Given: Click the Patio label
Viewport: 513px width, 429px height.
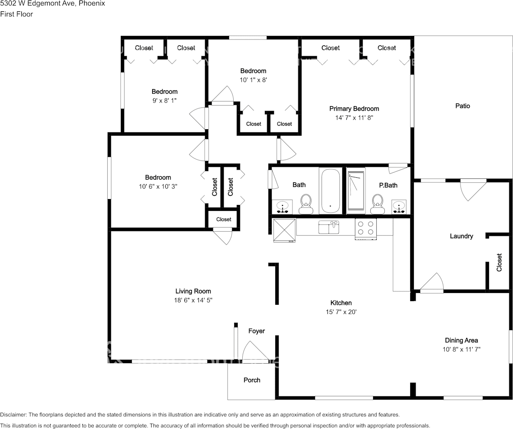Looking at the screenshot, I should point(462,106).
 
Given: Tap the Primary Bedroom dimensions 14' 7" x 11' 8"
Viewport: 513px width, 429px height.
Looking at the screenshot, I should point(354,117).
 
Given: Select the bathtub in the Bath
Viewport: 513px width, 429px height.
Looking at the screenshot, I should point(330,190).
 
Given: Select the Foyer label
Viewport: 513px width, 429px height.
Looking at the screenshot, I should point(256,331).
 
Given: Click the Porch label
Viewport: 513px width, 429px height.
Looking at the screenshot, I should point(252,380).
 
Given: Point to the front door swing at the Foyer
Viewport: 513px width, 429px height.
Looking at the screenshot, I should point(254,351).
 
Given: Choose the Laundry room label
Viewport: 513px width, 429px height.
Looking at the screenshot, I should point(461,236).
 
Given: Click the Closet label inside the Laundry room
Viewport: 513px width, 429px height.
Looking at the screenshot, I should point(499,262).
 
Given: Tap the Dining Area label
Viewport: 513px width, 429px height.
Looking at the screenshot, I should point(461,340).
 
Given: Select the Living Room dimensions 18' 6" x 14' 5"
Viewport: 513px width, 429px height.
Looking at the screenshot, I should point(193,300).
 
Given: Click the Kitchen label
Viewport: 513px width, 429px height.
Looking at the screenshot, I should point(341,303).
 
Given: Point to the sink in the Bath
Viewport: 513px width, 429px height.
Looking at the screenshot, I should point(283,207).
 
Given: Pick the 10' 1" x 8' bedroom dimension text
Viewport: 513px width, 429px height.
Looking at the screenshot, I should point(253,80).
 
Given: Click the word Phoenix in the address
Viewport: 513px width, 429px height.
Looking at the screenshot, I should point(92,3).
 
